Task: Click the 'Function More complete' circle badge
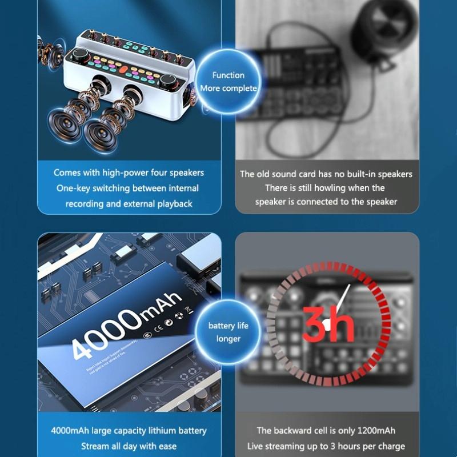point(228,82)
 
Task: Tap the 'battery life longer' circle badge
point(228,332)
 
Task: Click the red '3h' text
point(328,325)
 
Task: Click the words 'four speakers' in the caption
point(177,173)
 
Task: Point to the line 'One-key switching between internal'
point(128,188)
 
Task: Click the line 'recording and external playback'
point(128,203)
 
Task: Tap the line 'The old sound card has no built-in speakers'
point(326,174)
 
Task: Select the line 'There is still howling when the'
point(325,188)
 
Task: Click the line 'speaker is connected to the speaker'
point(326,202)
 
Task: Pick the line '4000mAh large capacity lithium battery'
point(129,431)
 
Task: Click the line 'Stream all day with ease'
point(129,446)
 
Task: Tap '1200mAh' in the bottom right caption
point(375,431)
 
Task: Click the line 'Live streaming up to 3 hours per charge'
point(326,446)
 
